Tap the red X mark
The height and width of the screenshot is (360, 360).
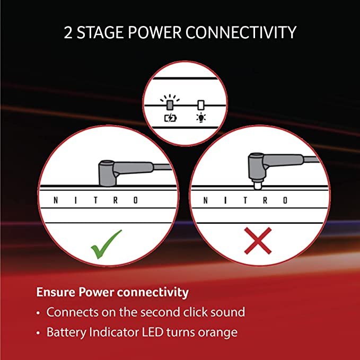[x=258, y=241]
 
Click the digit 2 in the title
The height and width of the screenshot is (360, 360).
[x=68, y=32]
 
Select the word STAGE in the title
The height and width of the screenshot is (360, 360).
[x=100, y=32]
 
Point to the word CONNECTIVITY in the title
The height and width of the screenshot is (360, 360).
[x=241, y=32]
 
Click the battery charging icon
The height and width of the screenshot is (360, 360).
[x=171, y=118]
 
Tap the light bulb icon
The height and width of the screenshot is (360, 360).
[x=201, y=118]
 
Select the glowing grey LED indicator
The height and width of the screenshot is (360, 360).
[x=170, y=105]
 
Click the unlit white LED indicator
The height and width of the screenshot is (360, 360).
[x=201, y=105]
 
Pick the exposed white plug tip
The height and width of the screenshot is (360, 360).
[x=257, y=185]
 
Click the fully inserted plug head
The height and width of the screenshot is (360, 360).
[x=108, y=173]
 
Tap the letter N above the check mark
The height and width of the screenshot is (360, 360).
[x=56, y=200]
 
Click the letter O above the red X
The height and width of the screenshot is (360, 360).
[x=285, y=200]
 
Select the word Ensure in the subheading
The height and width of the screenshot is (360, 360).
[x=56, y=292]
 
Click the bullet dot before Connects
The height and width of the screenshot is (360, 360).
[x=38, y=313]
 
